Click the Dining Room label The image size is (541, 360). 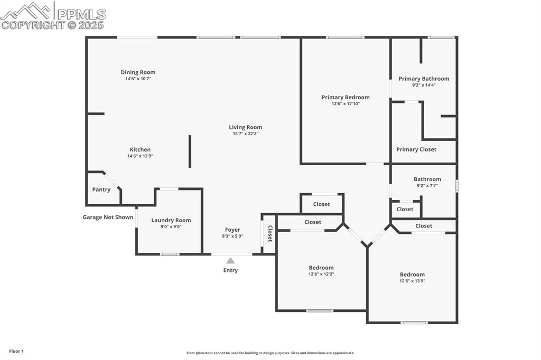138,72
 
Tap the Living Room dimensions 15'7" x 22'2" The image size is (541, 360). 245,134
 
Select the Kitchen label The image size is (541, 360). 140,149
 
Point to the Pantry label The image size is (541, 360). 101,190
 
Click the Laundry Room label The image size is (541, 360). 171,220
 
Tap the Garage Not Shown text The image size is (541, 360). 108,217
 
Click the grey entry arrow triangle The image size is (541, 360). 230,260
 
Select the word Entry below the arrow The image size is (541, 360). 230,270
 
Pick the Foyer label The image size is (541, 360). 232,230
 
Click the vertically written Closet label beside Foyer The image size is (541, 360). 269,233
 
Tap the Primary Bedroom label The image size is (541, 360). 346,97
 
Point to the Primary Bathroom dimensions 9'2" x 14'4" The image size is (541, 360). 424,85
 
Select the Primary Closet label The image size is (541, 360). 416,149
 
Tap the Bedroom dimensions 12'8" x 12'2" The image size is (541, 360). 321,274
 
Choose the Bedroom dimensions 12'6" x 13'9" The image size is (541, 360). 412,281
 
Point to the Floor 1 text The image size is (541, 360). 16,351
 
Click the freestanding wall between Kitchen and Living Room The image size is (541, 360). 190,151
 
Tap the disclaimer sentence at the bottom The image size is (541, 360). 270,353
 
